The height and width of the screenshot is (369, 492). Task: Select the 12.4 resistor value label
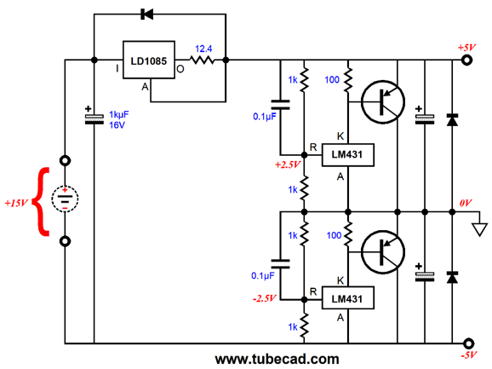[203, 49]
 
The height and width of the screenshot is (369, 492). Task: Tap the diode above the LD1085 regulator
[147, 14]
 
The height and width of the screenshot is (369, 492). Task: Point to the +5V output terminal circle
[467, 60]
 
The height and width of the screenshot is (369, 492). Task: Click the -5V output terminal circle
[468, 343]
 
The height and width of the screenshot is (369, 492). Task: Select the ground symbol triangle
[480, 229]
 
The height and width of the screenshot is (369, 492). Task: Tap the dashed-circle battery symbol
[65, 199]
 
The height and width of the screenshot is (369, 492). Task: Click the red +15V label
[16, 203]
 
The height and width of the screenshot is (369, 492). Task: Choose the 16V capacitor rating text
[117, 125]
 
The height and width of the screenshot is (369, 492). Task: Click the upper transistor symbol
[383, 101]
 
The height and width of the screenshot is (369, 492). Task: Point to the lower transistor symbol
[383, 252]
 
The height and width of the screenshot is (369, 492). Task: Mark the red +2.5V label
[288, 164]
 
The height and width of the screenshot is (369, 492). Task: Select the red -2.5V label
[264, 298]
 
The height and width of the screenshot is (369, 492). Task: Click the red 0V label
[466, 203]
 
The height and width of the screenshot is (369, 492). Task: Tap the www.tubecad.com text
[277, 359]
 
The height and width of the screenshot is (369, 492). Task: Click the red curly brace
[42, 202]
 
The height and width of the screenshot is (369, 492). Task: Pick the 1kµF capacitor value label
[118, 115]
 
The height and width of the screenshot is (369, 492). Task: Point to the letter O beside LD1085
[180, 69]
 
